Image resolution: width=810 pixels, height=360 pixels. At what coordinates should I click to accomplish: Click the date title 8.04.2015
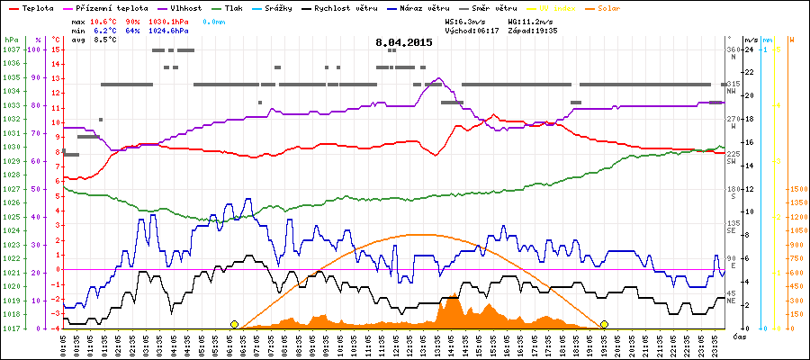404,42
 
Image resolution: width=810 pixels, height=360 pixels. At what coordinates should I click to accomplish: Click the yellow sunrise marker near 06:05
235,324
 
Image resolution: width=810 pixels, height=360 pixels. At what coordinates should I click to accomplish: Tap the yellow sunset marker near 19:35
604,324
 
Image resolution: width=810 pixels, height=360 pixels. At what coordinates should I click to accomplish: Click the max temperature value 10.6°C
106,19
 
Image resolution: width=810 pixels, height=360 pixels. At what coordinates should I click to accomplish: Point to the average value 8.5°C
106,40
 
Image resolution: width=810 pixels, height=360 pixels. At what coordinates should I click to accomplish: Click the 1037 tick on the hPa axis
11,49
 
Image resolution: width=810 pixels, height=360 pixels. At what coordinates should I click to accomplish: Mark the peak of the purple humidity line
438,79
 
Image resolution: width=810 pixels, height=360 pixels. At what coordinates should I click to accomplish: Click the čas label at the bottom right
738,337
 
